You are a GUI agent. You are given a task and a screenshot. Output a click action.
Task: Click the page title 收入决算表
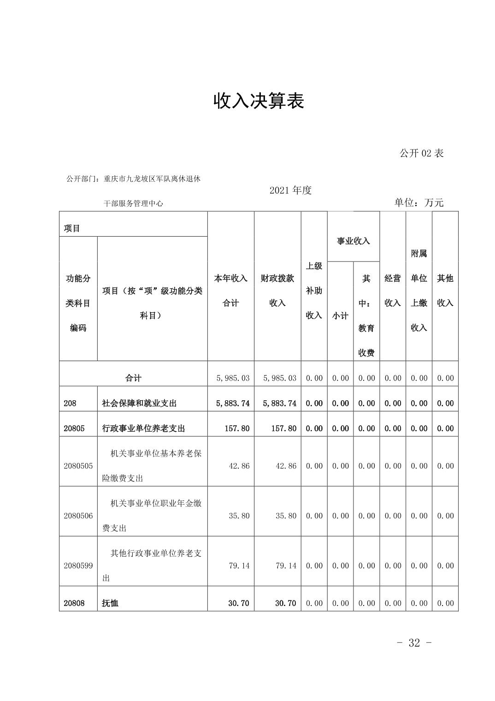[259, 101]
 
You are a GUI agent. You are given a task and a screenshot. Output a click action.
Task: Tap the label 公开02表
[421, 154]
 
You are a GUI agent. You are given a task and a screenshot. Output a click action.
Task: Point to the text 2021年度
[290, 190]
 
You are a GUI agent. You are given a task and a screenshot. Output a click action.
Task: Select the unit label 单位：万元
[418, 203]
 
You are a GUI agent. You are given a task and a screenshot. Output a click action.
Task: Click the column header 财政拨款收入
[277, 291]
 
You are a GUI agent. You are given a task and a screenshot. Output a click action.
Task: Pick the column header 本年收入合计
[230, 291]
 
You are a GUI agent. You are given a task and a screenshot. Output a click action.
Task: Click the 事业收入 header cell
[353, 241]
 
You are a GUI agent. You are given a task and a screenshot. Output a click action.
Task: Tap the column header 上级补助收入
[314, 291]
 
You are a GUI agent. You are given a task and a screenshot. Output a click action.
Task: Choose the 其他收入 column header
[445, 291]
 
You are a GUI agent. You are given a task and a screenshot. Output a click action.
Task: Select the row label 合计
[133, 378]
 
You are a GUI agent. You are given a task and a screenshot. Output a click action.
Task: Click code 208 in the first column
[70, 404]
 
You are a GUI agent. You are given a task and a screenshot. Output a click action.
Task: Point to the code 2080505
[78, 466]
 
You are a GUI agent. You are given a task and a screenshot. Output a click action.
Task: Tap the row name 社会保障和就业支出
[139, 404]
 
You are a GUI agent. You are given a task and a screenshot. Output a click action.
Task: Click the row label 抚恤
[110, 603]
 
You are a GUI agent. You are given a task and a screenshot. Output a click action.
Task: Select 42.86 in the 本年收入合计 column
[239, 466]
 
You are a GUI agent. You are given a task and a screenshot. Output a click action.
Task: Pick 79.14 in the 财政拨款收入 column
[286, 566]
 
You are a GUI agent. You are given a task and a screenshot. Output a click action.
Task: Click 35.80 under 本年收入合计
[239, 516]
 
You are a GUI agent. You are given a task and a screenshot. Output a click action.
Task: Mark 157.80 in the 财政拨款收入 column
[284, 428]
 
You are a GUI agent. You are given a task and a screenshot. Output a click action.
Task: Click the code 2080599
[78, 566]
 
